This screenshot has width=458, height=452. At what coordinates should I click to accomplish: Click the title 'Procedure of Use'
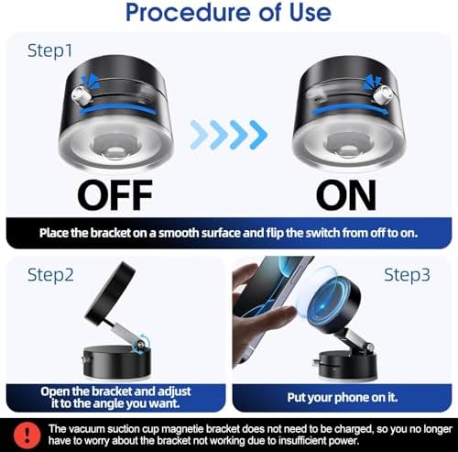click(x=229, y=14)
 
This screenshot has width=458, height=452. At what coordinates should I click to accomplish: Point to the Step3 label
click(x=407, y=275)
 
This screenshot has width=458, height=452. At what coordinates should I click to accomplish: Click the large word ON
click(x=346, y=196)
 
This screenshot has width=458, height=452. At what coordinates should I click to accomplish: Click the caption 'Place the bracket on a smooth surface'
click(x=229, y=232)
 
